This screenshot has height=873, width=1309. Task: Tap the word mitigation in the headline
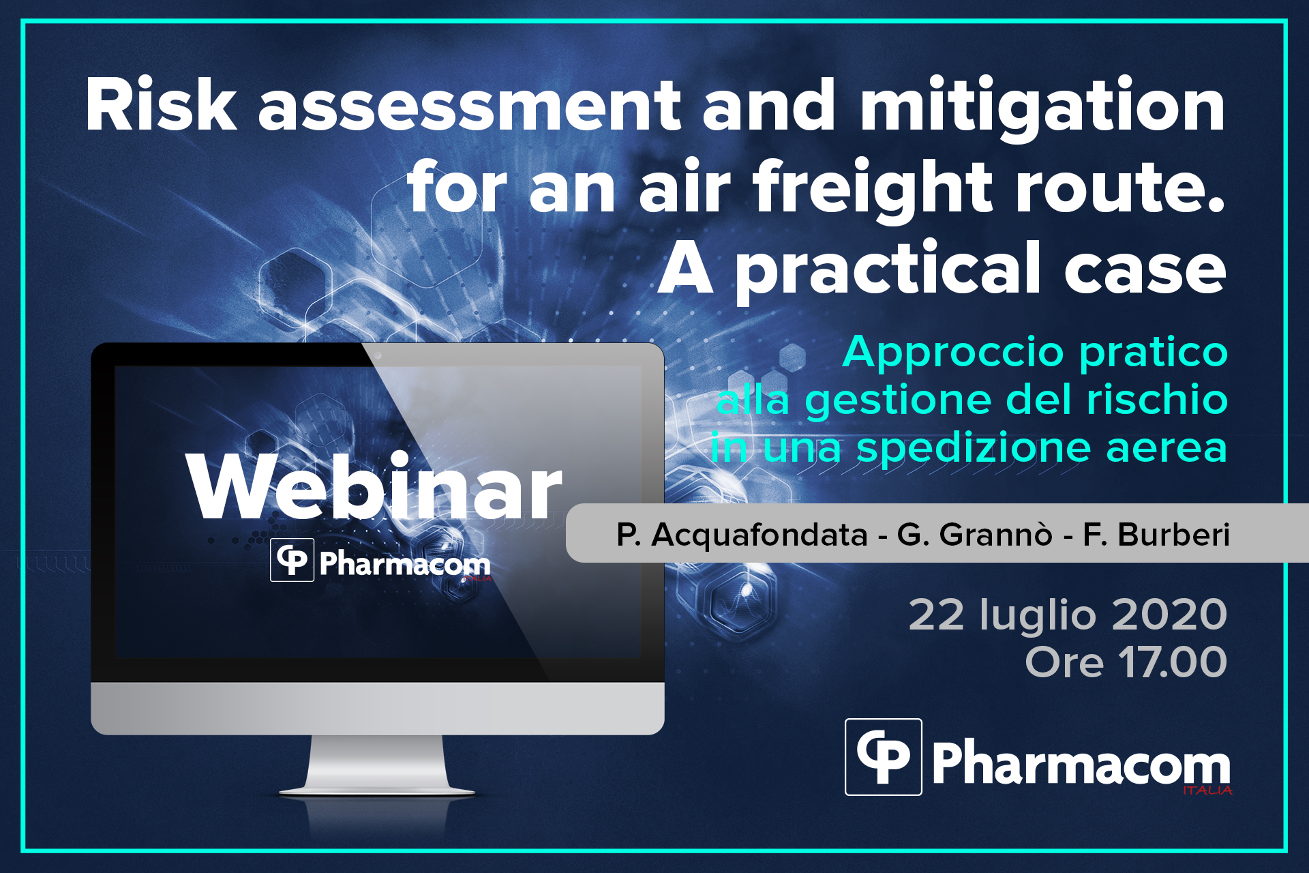coord(1042,109)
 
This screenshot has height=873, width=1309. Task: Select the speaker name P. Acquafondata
coord(742,535)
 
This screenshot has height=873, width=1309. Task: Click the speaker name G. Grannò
coord(974,534)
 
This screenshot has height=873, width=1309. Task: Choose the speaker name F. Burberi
coord(1156,534)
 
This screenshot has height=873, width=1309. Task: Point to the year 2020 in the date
coord(1169,615)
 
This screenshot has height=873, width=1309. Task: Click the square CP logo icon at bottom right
coord(884,757)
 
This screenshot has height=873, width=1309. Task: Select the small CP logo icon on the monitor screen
coord(292,560)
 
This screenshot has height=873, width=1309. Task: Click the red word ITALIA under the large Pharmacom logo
coord(1207,790)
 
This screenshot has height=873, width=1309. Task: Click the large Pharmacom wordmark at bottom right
coord(1081,765)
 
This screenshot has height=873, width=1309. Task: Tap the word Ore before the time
coord(1064,662)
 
